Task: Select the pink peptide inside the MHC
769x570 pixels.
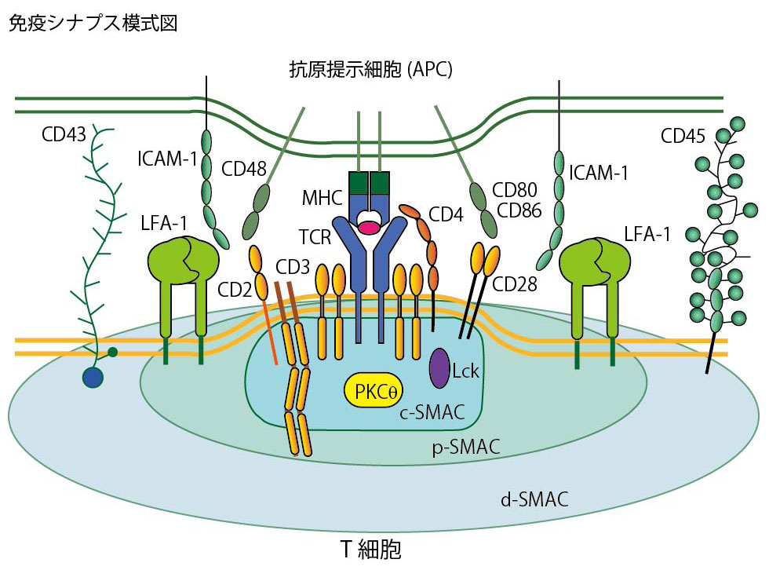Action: point(368,228)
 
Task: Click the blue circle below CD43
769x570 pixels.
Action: point(93,378)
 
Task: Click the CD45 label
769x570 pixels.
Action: point(682,137)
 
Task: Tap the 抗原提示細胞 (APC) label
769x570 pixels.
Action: point(371,70)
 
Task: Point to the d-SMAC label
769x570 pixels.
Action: point(534,499)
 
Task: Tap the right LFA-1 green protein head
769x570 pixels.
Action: point(595,260)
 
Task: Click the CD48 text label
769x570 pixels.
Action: point(245,169)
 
